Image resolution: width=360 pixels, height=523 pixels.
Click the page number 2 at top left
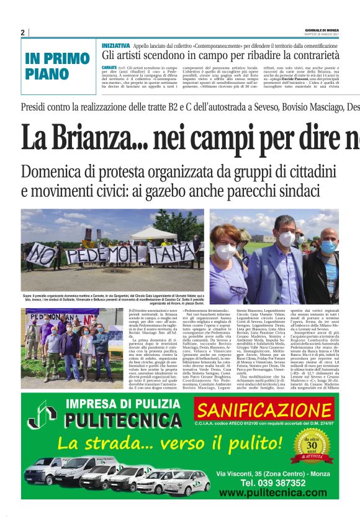tap(22, 32)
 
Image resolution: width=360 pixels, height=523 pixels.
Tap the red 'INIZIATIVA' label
tap(115, 46)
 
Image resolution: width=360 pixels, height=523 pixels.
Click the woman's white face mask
tap(226, 252)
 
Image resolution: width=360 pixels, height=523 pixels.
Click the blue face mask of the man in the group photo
tap(328, 247)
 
